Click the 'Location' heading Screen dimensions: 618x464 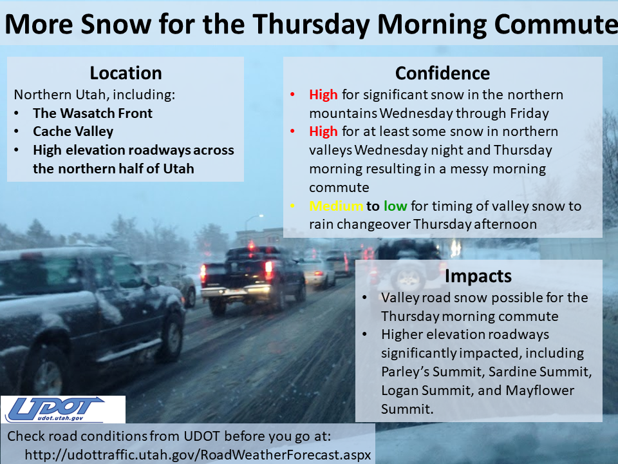pyautogui.click(x=126, y=73)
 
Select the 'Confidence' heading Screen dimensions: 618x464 pyautogui.click(x=443, y=73)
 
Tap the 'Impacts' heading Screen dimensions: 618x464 pyautogui.click(x=478, y=276)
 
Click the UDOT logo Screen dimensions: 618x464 pyautogui.click(x=63, y=410)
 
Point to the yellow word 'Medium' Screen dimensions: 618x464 pyautogui.click(x=336, y=206)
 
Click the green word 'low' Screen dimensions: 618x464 pyautogui.click(x=395, y=206)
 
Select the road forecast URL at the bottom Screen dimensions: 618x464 pyautogui.click(x=198, y=454)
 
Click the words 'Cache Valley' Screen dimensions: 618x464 pyautogui.click(x=73, y=131)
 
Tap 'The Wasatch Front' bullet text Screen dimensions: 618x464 pyautogui.click(x=93, y=113)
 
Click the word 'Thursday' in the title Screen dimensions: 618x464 pyautogui.click(x=312, y=24)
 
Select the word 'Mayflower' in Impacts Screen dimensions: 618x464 pyautogui.click(x=539, y=391)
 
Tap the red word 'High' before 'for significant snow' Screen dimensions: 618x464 pyautogui.click(x=323, y=95)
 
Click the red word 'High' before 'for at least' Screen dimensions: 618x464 pyautogui.click(x=323, y=131)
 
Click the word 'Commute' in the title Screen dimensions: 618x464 pyautogui.click(x=556, y=24)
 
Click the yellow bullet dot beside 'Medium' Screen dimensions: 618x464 pyautogui.click(x=292, y=206)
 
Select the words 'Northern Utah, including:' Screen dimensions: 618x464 pyautogui.click(x=95, y=95)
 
